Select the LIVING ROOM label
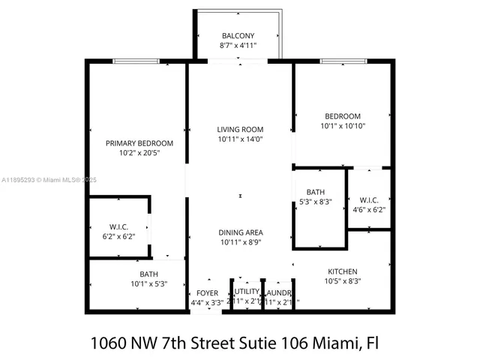pyautogui.click(x=240, y=129)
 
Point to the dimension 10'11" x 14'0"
pyautogui.click(x=240, y=139)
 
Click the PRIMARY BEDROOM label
pyautogui.click(x=139, y=143)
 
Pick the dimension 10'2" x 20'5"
pyautogui.click(x=139, y=153)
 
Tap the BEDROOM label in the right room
pyautogui.click(x=342, y=116)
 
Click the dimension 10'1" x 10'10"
pyautogui.click(x=342, y=126)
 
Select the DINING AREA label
pyautogui.click(x=240, y=232)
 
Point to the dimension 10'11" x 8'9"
pyautogui.click(x=240, y=242)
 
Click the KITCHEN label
pyautogui.click(x=342, y=271)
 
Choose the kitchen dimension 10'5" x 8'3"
pyautogui.click(x=342, y=281)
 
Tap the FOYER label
pyautogui.click(x=207, y=293)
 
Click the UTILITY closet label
pyautogui.click(x=247, y=292)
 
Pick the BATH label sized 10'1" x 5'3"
pyautogui.click(x=148, y=274)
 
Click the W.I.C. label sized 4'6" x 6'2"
pyautogui.click(x=368, y=200)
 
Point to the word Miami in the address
pyautogui.click(x=340, y=343)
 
